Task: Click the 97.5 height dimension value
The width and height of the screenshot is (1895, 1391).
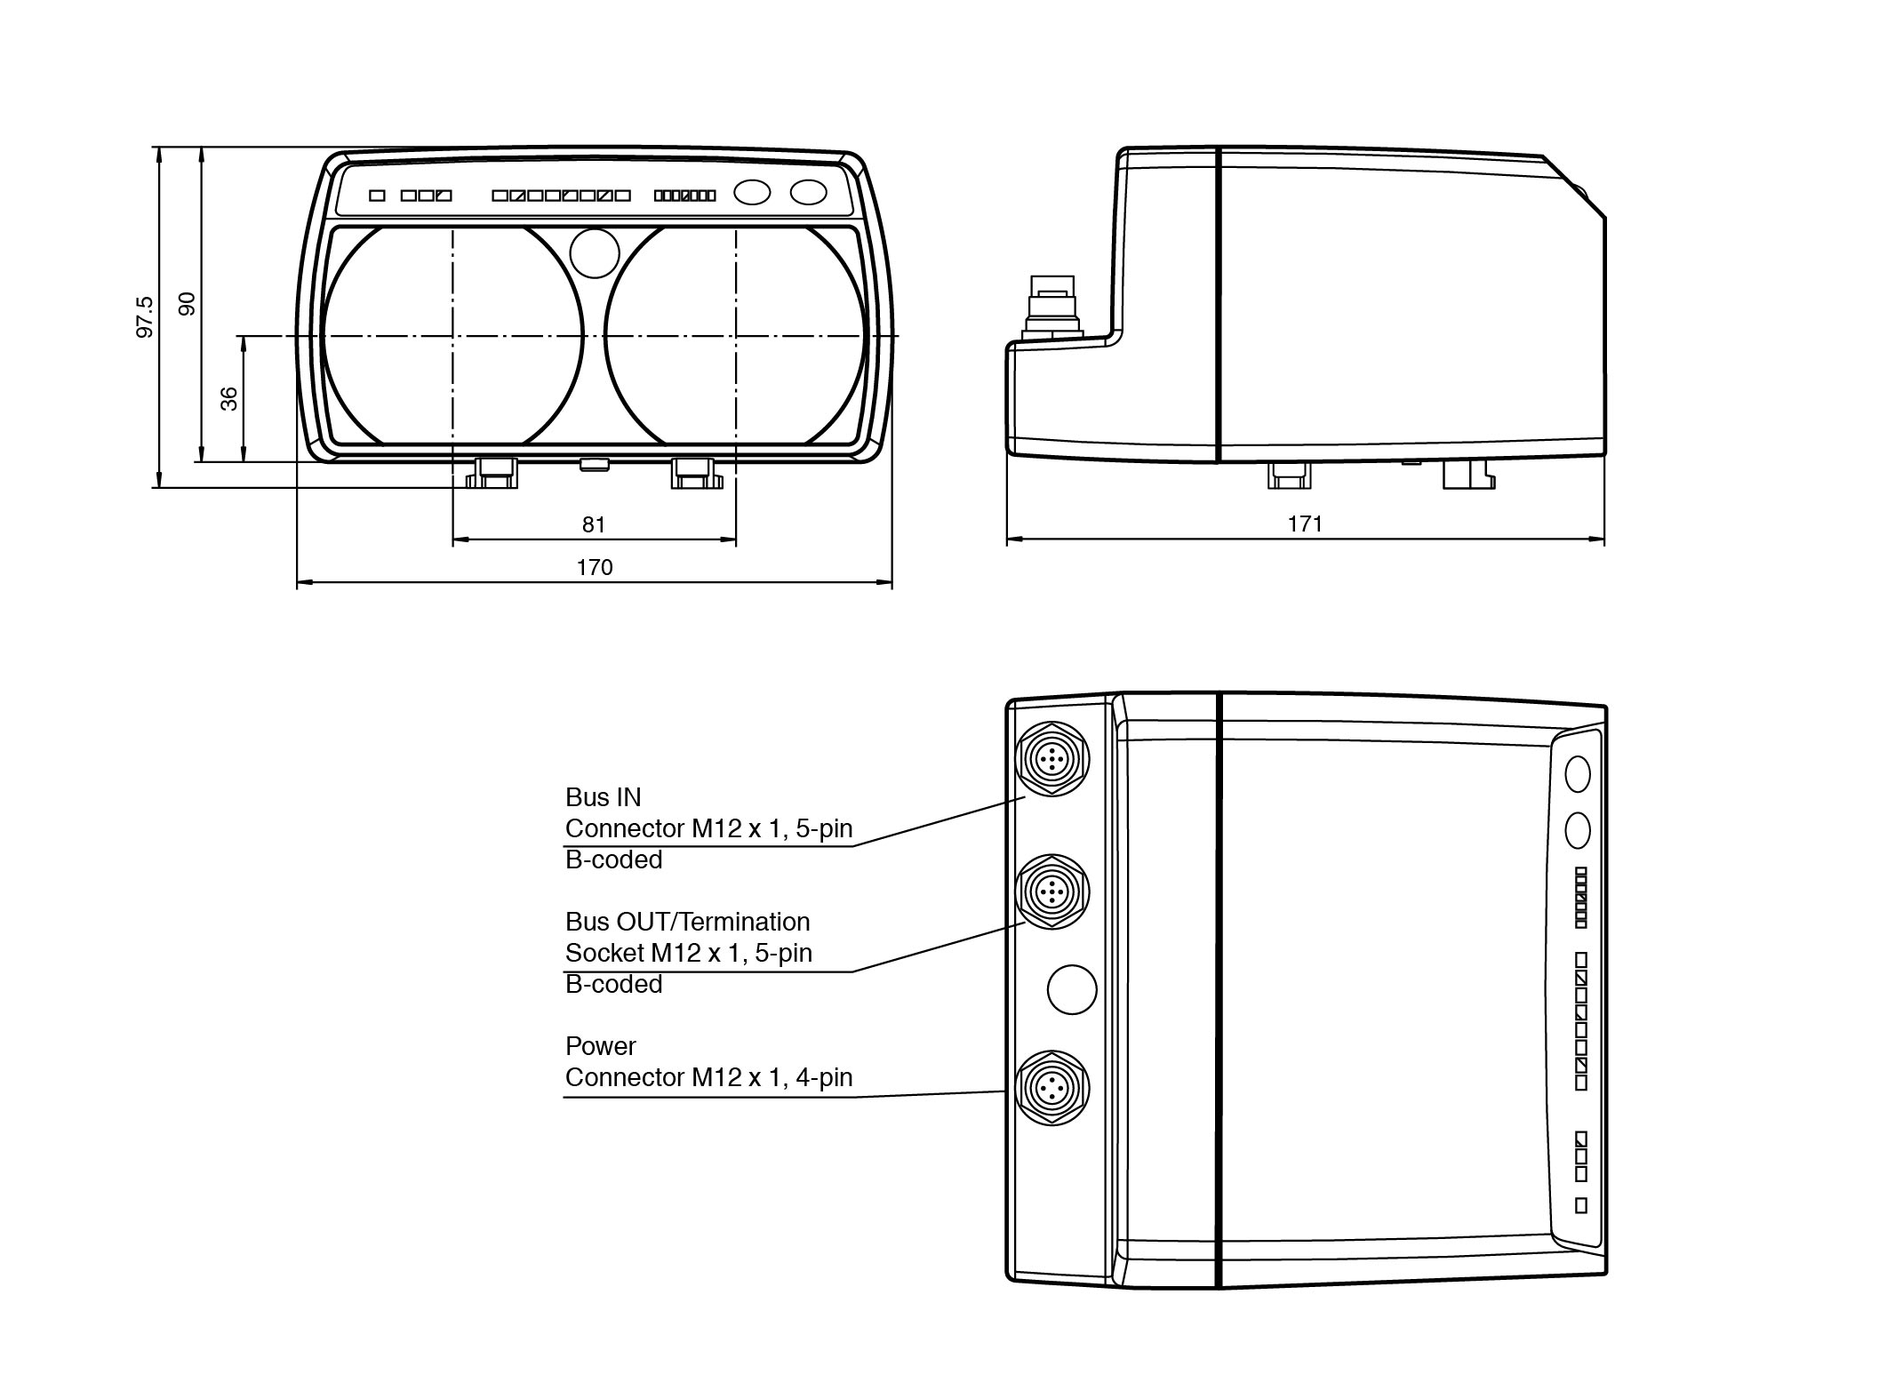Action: [144, 317]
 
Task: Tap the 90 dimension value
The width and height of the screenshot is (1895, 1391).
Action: [187, 304]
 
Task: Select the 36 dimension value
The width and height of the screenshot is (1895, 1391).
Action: [229, 398]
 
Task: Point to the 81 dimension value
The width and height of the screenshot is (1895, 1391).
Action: [594, 525]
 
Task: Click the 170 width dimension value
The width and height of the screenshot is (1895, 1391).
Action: [595, 567]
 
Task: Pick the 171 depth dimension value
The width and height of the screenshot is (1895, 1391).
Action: [1305, 524]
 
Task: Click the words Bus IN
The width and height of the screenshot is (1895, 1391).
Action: [603, 796]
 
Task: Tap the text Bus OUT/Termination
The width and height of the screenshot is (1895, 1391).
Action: [687, 922]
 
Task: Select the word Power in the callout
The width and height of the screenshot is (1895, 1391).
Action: [600, 1046]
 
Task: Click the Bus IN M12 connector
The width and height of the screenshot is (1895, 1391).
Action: [1052, 759]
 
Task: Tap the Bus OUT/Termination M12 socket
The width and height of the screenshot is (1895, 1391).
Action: [1052, 891]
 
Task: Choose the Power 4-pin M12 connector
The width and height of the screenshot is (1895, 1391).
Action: [1052, 1087]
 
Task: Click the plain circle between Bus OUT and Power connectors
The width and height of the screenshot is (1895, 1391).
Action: [1072, 989]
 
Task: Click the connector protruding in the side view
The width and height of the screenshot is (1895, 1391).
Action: [1051, 307]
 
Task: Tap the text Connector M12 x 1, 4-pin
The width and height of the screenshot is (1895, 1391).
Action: [708, 1077]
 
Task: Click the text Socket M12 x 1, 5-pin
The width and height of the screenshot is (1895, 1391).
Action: [688, 953]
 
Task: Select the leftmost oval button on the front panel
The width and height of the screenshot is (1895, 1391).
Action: [752, 192]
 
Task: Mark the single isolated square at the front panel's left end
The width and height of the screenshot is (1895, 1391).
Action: [377, 196]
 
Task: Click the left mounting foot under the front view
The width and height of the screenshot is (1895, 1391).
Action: [495, 473]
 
